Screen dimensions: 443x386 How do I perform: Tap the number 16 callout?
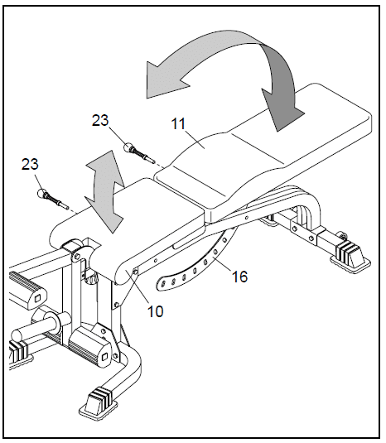tap(238, 277)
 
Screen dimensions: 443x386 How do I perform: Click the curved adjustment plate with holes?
tap(199, 265)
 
